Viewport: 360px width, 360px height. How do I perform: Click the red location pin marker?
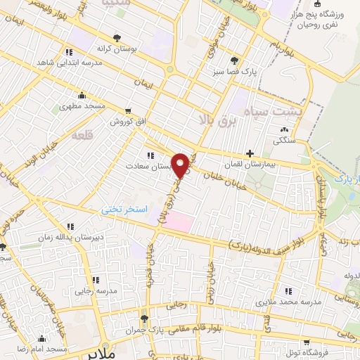click(x=181, y=165)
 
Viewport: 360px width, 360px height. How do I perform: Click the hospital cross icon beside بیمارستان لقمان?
click(x=250, y=153)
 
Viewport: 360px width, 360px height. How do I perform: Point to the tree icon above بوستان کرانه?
click(x=117, y=39)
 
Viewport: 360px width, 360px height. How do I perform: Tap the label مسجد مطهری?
click(x=81, y=105)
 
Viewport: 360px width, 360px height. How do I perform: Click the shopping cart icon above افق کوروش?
click(x=127, y=111)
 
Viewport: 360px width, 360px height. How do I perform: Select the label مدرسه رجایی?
click(x=96, y=289)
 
